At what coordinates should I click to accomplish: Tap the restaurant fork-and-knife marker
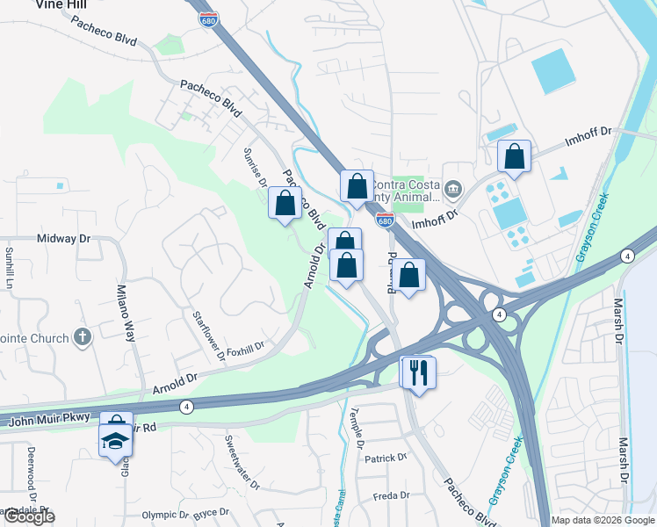coord(417,372)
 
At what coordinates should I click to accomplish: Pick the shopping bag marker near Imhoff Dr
coord(515,158)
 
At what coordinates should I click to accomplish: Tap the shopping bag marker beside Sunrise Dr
coord(285,204)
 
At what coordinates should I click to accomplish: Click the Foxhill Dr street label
coord(245,345)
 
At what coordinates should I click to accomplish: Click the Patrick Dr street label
coord(386,458)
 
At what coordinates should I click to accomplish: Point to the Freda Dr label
coord(391,495)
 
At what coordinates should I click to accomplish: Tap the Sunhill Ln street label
coord(9,268)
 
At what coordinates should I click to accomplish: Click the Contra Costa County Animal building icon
coord(453,188)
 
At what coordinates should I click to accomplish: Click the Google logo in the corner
coord(28,516)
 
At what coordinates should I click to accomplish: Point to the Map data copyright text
coord(602,520)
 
